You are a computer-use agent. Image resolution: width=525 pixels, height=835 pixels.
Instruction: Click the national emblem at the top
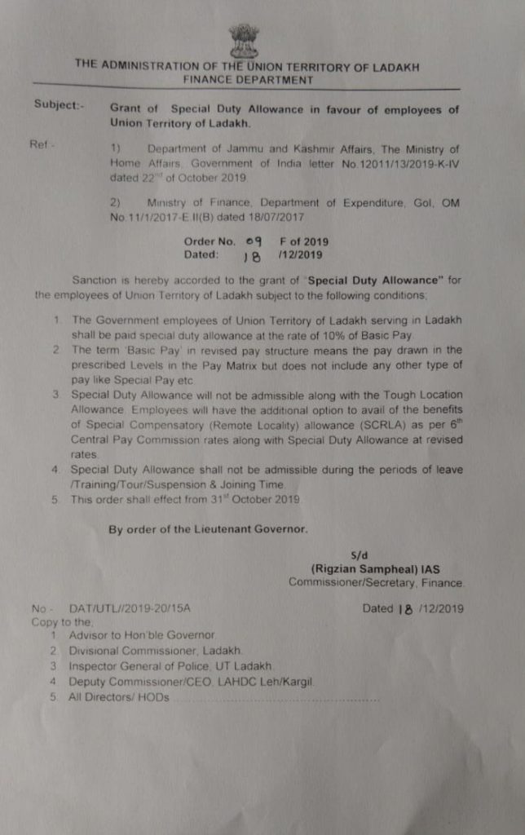243,40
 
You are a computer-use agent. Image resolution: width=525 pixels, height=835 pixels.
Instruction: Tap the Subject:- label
58,104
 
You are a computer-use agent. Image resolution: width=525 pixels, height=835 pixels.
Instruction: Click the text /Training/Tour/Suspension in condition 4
135,484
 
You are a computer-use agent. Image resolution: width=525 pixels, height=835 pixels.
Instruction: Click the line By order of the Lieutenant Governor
208,529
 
